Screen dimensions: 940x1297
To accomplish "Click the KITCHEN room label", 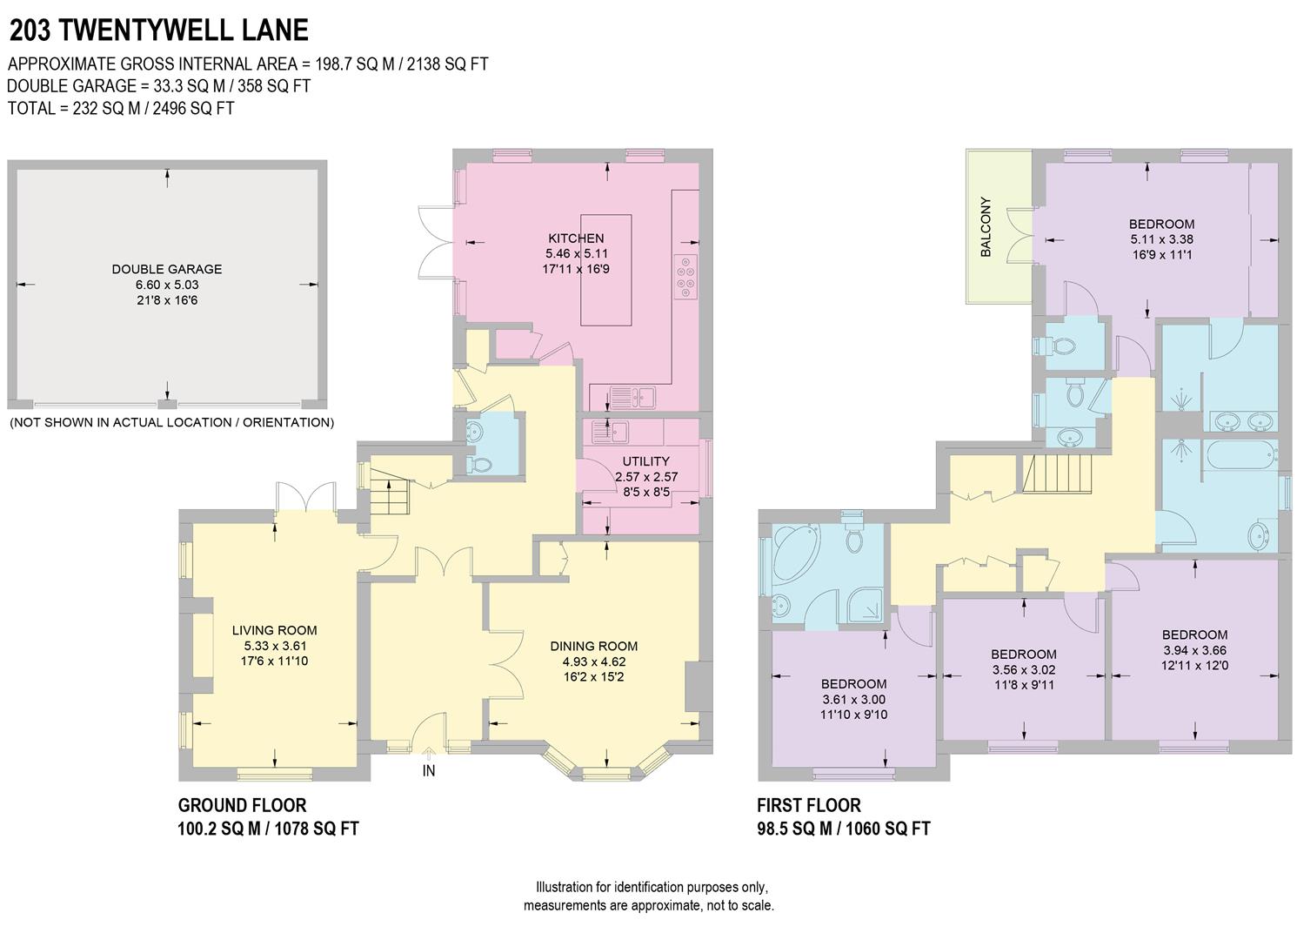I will coord(575,238).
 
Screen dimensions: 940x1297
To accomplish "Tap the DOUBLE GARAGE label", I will coord(167,269).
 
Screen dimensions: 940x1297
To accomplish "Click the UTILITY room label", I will coord(645,461).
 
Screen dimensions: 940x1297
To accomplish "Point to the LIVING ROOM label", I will coord(274,630).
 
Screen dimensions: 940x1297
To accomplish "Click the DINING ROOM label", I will coord(593,646).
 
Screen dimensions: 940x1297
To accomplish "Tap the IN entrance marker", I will coord(429,770).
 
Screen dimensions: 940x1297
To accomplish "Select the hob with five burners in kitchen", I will coord(685,278).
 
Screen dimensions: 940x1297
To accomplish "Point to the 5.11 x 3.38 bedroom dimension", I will coord(1161,239).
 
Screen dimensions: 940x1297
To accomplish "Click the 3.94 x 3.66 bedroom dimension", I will coord(1194,650).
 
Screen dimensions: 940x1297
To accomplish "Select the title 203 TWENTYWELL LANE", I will coord(158,30).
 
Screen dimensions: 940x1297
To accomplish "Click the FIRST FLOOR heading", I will coord(808,805).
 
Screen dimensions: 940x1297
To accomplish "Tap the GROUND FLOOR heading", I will coord(242,805).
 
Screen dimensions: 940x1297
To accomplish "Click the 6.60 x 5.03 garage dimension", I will coord(167,285).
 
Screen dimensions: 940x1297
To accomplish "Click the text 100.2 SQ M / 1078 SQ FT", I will coord(268,829).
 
